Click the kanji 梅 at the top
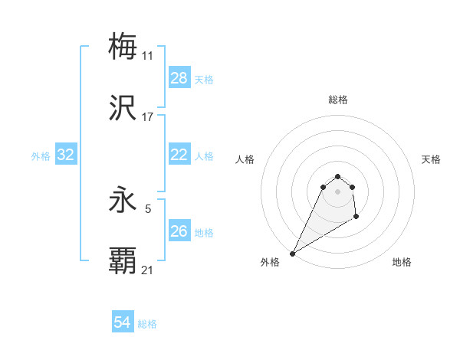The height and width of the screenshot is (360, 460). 123,46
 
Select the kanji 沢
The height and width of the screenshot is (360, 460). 123,108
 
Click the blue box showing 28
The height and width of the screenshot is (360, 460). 179,78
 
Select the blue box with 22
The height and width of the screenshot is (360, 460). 179,155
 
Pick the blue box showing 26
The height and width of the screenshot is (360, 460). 179,231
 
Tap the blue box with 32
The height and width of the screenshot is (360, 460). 66,155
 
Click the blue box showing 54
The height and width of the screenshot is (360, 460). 123,322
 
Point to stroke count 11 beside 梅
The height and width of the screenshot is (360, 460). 147,56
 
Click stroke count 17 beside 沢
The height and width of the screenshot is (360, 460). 147,117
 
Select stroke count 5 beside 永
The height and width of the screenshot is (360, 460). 147,208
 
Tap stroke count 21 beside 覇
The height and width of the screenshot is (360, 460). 147,270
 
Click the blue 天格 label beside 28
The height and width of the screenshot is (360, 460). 204,79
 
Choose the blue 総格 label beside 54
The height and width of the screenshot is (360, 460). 147,324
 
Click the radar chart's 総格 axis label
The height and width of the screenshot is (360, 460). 337,100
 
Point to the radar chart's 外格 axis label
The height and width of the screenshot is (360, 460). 270,262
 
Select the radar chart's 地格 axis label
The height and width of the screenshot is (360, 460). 402,262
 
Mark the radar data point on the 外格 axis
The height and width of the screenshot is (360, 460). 292,254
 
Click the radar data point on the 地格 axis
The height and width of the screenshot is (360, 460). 356,218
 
